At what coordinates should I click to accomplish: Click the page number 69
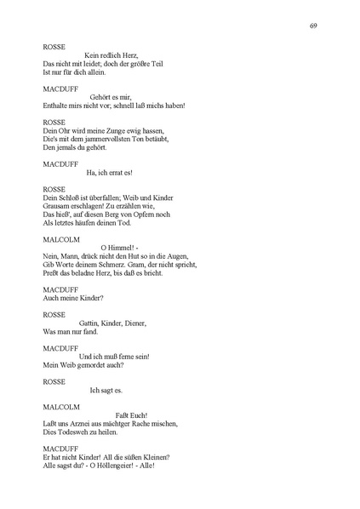pos(314,26)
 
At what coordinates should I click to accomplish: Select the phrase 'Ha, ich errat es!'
pos(109,172)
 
